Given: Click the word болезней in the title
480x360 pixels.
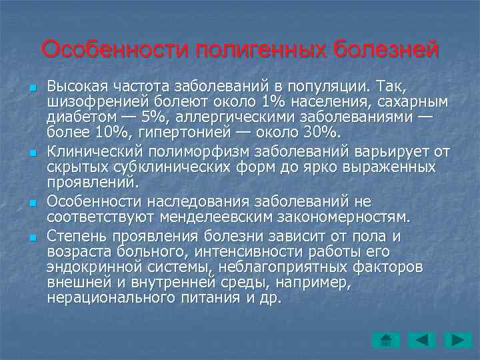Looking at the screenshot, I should click(x=386, y=50).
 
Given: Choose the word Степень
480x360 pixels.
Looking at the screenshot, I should click(x=75, y=235).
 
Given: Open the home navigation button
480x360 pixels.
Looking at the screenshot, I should click(x=385, y=340).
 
